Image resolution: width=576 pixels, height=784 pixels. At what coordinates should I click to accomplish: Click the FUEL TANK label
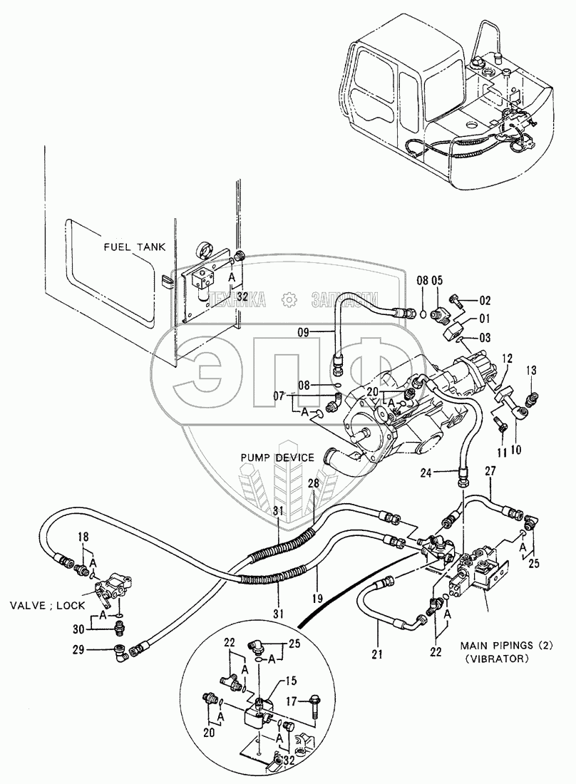tap(134, 247)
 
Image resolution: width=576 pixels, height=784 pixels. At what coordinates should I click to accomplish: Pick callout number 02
tap(485, 301)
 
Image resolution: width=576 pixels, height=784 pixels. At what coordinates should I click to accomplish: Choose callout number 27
tap(490, 470)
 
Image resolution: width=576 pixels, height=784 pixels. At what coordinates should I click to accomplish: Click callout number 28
tap(313, 484)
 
